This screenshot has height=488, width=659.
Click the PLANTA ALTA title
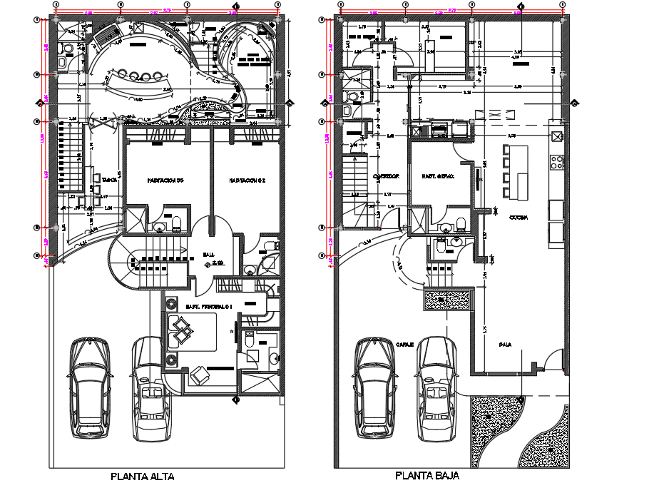click(142, 477)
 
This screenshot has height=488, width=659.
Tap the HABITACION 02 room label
click(247, 181)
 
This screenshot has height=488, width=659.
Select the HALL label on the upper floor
click(208, 254)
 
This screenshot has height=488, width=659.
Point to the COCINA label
click(518, 218)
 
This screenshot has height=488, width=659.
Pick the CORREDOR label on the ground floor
click(385, 176)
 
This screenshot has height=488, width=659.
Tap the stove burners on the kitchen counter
click(556, 162)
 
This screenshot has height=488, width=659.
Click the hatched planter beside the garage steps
click(447, 300)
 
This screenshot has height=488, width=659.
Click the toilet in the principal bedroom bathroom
click(250, 341)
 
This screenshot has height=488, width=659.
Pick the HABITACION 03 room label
click(165, 181)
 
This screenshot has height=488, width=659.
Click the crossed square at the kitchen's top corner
click(556, 136)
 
